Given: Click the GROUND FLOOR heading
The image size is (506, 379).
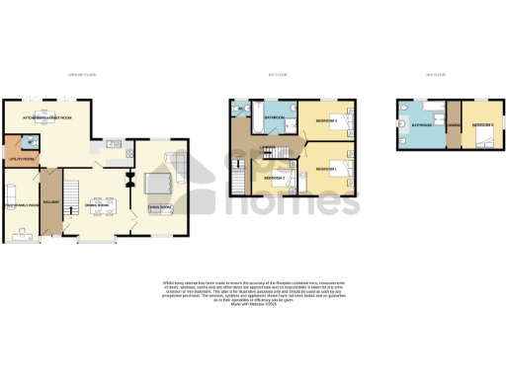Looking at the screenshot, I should (81, 75).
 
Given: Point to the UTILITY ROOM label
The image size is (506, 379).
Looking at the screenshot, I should (21, 157).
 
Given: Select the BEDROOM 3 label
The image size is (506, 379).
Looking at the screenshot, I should (326, 121).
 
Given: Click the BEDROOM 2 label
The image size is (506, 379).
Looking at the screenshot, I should (275, 179).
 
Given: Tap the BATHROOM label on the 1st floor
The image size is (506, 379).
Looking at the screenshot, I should (275, 118).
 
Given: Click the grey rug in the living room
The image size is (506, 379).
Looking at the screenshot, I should (158, 183).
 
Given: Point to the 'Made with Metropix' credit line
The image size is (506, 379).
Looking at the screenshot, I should (252, 305).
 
